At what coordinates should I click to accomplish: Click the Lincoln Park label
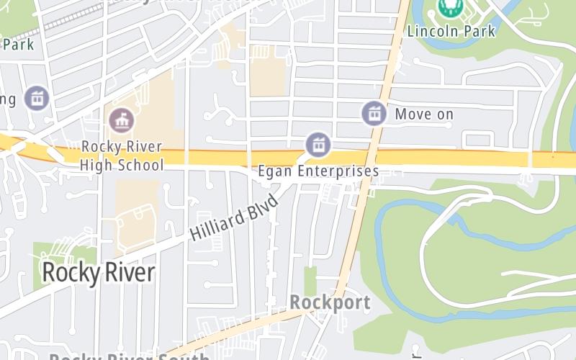(451, 31)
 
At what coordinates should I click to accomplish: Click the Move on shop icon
(373, 113)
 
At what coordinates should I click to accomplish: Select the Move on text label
(424, 114)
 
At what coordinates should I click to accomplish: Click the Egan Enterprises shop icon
(317, 145)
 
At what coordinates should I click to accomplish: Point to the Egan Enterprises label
(318, 171)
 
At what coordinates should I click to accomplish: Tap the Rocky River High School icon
(121, 120)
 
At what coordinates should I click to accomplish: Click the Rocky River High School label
(122, 156)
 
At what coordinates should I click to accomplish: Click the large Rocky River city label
(98, 273)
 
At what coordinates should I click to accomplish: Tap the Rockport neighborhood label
(330, 302)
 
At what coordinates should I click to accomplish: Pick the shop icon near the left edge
(35, 98)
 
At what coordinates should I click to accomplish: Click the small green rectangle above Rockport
(310, 281)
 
